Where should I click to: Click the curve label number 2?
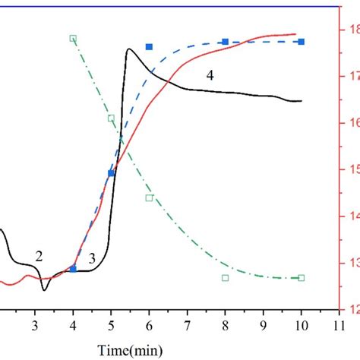tap(39, 257)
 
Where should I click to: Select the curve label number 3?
tap(91, 260)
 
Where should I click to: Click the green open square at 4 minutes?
tap(73, 38)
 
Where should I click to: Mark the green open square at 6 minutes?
tap(149, 197)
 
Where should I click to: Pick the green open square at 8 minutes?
tap(225, 278)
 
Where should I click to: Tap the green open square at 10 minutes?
tap(302, 278)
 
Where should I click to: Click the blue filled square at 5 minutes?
tap(111, 173)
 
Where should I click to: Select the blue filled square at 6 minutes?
tap(149, 47)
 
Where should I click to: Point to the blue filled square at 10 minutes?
tap(302, 42)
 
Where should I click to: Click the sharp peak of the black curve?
tap(129, 49)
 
